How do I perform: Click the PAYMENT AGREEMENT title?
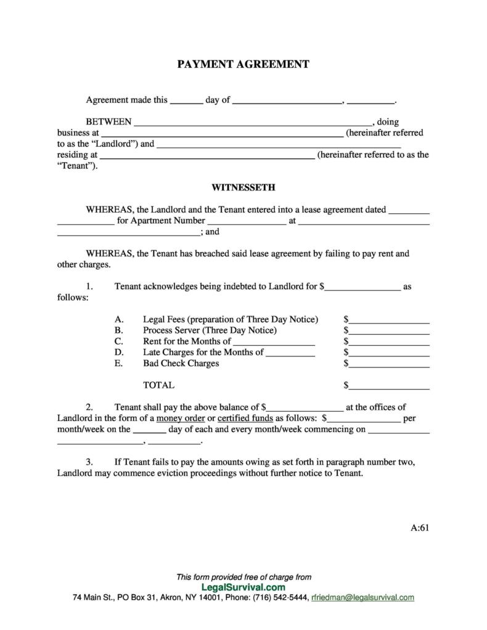pos(243,64)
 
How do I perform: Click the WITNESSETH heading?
pos(243,187)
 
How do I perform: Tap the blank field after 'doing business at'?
pos(222,134)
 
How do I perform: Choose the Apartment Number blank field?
pos(247,221)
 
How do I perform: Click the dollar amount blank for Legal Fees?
pos(389,321)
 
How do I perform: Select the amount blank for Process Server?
pos(389,332)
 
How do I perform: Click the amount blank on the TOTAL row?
pos(389,387)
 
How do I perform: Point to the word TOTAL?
pos(158,385)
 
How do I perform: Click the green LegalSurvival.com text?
pos(243,587)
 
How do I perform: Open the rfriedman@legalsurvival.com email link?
pos(363,598)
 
